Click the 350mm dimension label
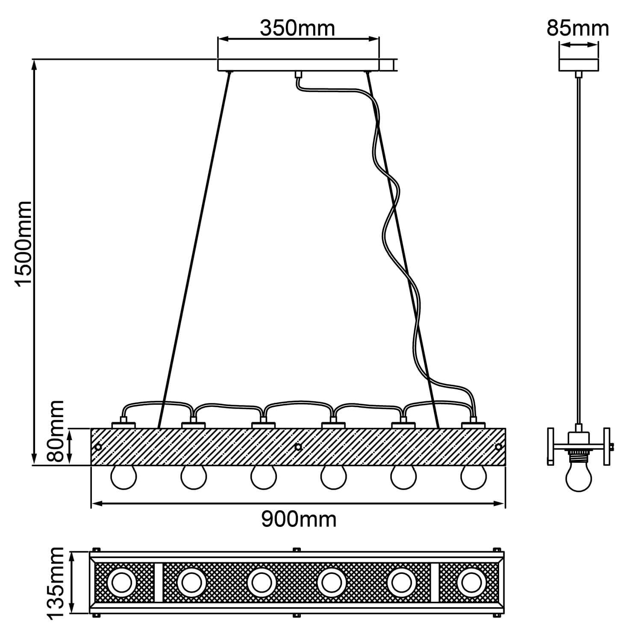click(x=297, y=28)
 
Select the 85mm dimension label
click(x=578, y=28)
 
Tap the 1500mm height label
click(x=23, y=243)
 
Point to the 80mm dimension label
click(x=56, y=431)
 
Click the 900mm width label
click(x=299, y=520)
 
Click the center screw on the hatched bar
click(x=298, y=447)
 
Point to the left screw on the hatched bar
click(x=98, y=447)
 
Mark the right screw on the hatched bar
click(x=498, y=447)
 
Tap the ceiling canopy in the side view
click(x=578, y=65)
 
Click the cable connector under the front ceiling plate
click(x=298, y=75)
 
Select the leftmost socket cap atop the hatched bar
click(x=123, y=425)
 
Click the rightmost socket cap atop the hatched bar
click(x=473, y=425)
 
